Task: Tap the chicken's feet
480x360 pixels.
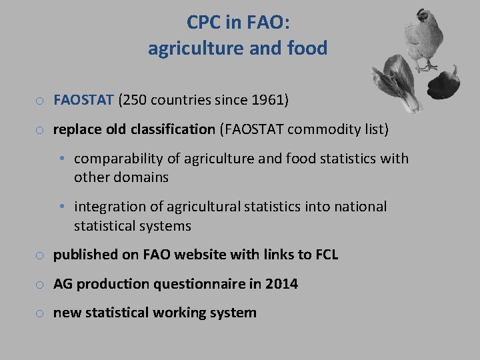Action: pyautogui.click(x=426, y=67)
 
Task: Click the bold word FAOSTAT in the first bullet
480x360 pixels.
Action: pyautogui.click(x=83, y=101)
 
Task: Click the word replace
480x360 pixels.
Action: pyautogui.click(x=79, y=129)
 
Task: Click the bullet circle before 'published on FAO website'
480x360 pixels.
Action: pyautogui.click(x=41, y=255)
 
